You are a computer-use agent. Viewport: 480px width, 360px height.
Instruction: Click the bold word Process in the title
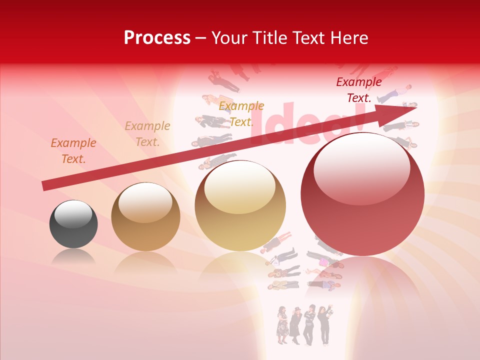tap(157, 38)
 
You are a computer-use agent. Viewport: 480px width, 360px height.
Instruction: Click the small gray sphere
tap(73, 224)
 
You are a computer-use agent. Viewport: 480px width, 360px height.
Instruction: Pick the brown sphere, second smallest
tap(145, 216)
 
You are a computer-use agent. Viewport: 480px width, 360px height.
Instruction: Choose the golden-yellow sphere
tap(240, 205)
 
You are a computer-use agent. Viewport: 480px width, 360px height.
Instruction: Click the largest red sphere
tap(362, 194)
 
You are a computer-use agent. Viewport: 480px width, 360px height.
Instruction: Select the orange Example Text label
tap(73, 150)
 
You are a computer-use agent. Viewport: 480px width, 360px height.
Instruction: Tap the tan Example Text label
tap(147, 134)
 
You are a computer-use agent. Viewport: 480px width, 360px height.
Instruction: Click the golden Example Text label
tap(241, 113)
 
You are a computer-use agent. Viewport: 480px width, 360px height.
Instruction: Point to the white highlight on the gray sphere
tap(73, 214)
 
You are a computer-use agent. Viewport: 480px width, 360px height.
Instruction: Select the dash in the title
tap(201, 38)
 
